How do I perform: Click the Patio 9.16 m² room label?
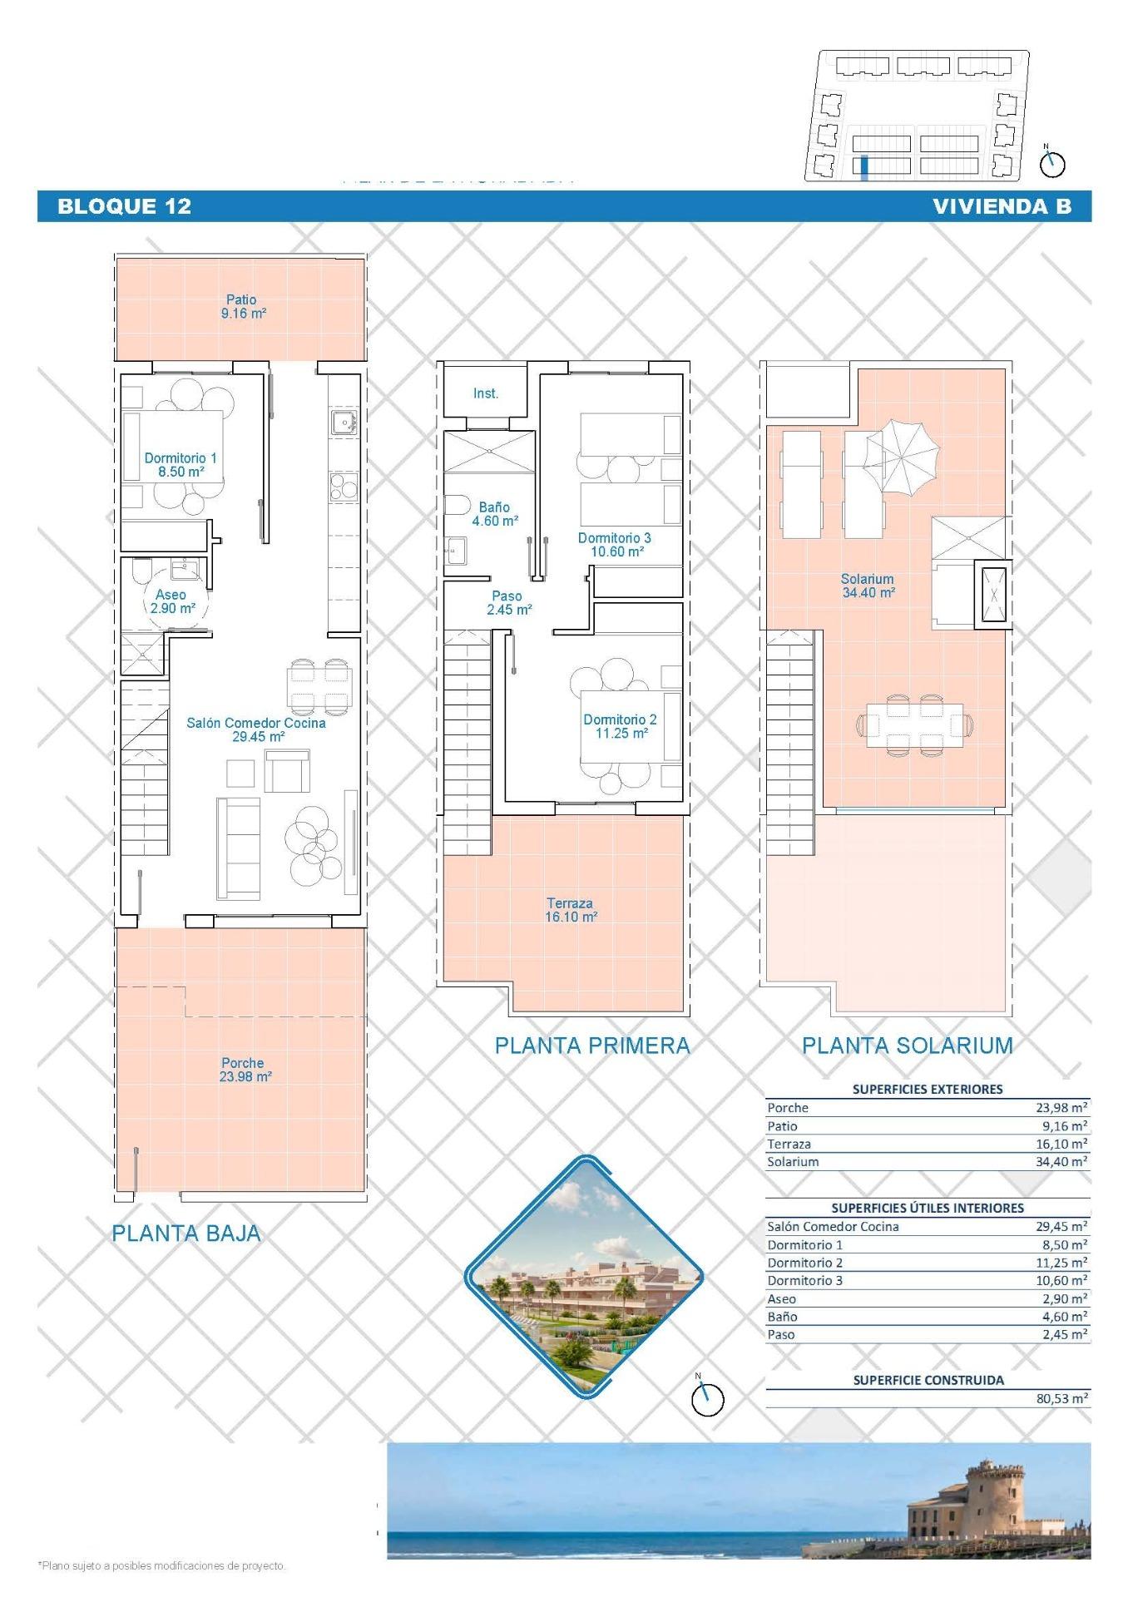click(243, 307)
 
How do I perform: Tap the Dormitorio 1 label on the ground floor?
click(181, 465)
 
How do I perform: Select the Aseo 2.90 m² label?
click(171, 601)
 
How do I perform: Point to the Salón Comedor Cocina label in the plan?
click(256, 729)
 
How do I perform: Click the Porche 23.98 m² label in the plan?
click(245, 1070)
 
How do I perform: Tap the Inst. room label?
click(486, 393)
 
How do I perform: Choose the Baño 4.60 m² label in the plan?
click(495, 514)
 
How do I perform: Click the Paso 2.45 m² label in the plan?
click(508, 603)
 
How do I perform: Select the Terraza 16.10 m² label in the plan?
click(571, 910)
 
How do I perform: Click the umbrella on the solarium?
click(903, 456)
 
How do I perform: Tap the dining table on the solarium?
click(914, 725)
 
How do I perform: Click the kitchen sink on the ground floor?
click(343, 423)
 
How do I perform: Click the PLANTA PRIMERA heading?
click(592, 1046)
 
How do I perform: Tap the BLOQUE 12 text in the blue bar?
click(125, 206)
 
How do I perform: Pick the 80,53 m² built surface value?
click(1061, 1398)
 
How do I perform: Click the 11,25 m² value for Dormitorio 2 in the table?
click(1061, 1263)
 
